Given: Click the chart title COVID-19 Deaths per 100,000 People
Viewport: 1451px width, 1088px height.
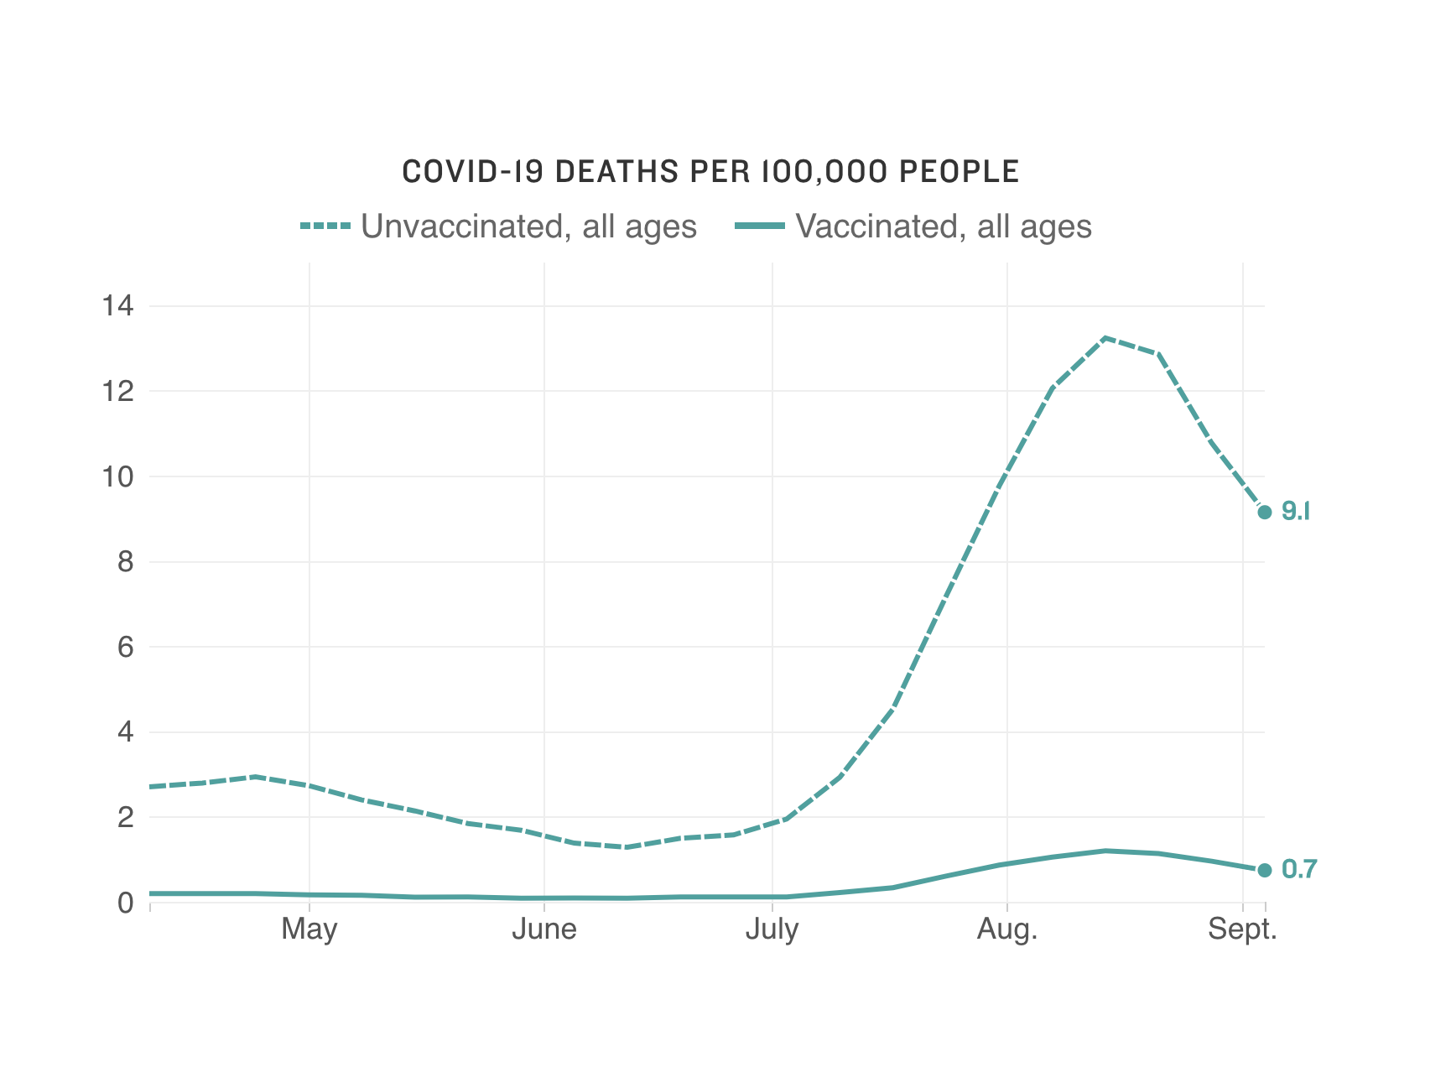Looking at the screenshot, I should tap(710, 172).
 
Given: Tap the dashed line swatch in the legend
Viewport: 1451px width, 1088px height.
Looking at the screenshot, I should tap(325, 226).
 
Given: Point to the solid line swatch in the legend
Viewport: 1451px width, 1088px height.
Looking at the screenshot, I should tap(759, 226).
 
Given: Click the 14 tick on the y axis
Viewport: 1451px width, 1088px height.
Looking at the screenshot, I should tap(117, 306).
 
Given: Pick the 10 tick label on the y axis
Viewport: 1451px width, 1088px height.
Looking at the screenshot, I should tap(117, 477).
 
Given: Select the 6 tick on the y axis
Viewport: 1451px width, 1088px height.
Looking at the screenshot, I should tap(125, 647).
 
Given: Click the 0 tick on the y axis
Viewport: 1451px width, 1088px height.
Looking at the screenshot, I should tap(125, 903).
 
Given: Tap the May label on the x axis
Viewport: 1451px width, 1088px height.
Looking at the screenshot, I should tap(309, 929).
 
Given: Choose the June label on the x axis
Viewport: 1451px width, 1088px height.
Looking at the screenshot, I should tap(544, 929).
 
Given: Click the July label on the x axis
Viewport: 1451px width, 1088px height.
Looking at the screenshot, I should tap(772, 929).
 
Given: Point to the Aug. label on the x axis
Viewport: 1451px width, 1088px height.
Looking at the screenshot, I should tap(1006, 929).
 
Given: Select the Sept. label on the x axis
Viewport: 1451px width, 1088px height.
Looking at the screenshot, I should tap(1242, 929).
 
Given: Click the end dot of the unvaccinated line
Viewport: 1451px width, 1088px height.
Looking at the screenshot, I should tap(1265, 512).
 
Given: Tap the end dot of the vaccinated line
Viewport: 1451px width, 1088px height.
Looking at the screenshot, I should tap(1265, 870).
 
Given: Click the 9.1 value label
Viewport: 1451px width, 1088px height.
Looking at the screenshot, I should tap(1296, 511).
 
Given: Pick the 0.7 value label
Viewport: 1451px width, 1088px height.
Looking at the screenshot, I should tap(1299, 870).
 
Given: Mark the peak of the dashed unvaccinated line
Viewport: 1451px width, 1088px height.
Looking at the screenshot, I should tap(1106, 338).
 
